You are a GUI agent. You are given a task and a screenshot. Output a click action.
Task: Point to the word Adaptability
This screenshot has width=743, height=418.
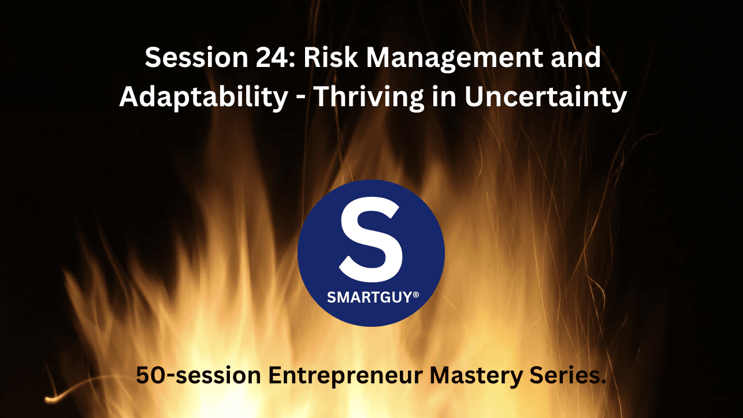[x=203, y=97]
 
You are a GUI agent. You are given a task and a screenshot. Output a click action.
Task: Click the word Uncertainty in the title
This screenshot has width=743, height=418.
[x=545, y=97]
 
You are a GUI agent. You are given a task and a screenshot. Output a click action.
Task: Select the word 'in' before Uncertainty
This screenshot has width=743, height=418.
[x=447, y=97]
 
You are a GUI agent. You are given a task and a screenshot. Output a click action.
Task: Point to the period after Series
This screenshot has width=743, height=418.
[x=604, y=382]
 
